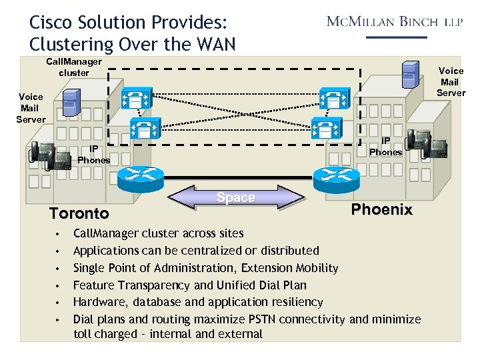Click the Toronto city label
click(x=79, y=213)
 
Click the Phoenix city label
click(x=382, y=209)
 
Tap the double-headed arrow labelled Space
click(x=236, y=197)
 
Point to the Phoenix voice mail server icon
click(x=410, y=73)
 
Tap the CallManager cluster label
click(x=73, y=67)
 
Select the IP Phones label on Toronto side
click(x=94, y=155)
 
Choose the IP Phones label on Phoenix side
click(x=385, y=147)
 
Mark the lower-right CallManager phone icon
click(x=323, y=127)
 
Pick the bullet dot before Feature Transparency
click(x=59, y=286)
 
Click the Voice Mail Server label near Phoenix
click(x=451, y=81)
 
